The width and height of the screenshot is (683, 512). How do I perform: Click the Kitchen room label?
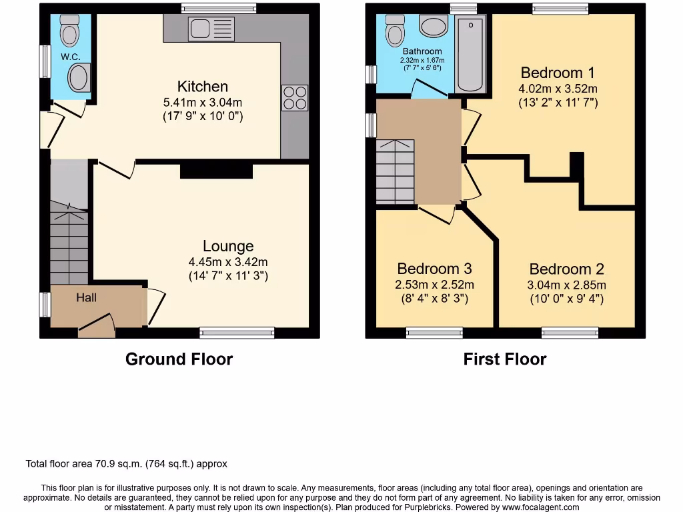[x=202, y=87]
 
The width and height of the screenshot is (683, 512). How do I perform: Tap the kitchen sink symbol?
[x=211, y=29]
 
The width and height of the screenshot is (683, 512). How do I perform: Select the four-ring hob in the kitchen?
[x=295, y=98]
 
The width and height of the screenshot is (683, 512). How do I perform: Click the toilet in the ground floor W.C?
[x=69, y=30]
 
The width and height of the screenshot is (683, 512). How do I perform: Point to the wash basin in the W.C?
[x=79, y=77]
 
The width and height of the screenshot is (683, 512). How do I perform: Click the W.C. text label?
[x=71, y=57]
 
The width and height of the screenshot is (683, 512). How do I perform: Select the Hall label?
[x=86, y=297]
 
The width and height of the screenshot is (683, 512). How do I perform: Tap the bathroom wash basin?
[x=434, y=27]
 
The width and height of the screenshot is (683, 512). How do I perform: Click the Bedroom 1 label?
[x=558, y=73]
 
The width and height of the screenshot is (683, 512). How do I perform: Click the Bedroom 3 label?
[x=434, y=269]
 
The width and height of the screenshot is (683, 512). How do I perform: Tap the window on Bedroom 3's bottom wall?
[x=434, y=333]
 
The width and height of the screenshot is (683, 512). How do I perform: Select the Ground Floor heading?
[x=179, y=359]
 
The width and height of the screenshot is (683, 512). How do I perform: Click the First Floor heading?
[x=504, y=359]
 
